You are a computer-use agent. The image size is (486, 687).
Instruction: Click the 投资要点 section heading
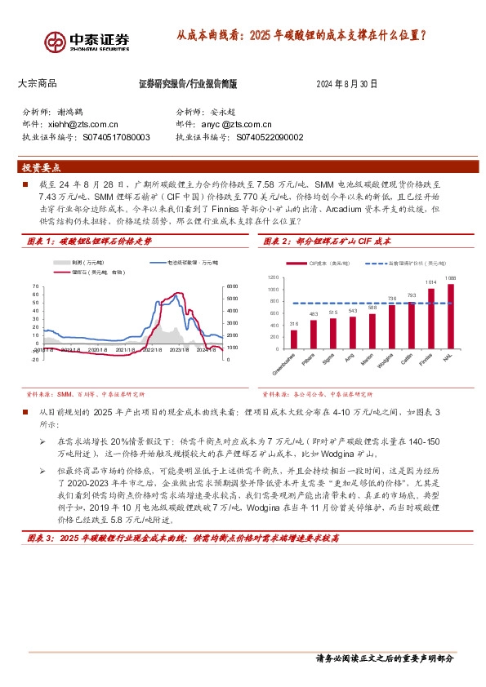pyautogui.click(x=42, y=167)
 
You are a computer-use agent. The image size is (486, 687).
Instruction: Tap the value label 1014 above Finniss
pyautogui.click(x=430, y=281)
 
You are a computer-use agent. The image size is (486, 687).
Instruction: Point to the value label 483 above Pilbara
pyautogui.click(x=313, y=314)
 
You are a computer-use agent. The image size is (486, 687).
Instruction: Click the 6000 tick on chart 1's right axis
pyautogui.click(x=231, y=286)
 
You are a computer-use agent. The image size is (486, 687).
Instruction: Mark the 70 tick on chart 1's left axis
pyautogui.click(x=36, y=286)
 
